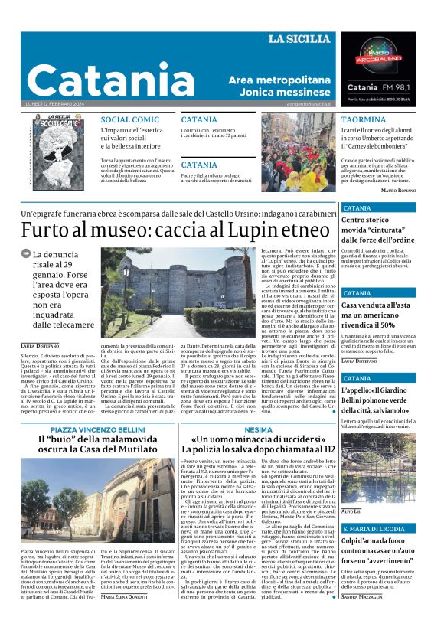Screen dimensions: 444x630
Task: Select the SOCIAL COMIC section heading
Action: point(130,120)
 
